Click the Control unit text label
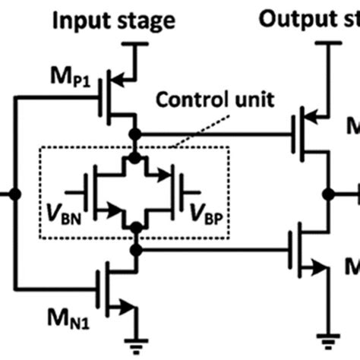pos(198,99)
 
